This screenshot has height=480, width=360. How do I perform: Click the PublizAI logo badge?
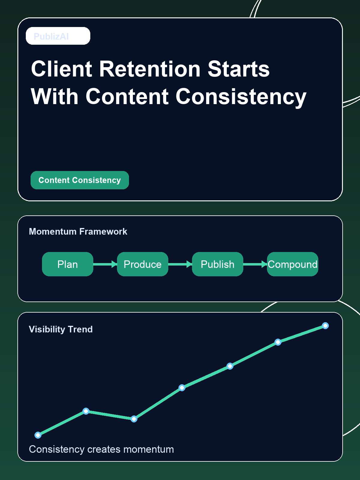pos(58,36)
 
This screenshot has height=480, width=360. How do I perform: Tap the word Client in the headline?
pos(61,69)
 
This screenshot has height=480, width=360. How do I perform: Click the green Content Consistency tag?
pos(79,180)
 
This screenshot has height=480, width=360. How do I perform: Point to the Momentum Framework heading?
pos(78,232)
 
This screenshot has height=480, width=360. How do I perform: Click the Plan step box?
pos(67,264)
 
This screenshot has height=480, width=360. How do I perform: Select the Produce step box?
pos(142,264)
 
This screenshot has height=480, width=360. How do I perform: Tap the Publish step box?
pos(217,264)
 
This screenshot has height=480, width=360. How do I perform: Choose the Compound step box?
pos(292,264)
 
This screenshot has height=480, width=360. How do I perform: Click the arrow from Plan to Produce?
pos(105,264)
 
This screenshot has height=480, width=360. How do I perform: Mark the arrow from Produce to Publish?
pos(180,264)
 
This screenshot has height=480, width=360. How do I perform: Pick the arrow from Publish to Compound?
pos(255,264)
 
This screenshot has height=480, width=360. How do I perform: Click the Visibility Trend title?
pos(61,329)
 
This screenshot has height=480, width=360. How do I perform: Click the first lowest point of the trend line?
pos(38,435)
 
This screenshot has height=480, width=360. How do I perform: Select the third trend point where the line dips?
pos(134,419)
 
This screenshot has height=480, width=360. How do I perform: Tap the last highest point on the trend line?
pos(325,325)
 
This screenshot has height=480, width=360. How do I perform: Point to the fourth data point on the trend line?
pos(182,388)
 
